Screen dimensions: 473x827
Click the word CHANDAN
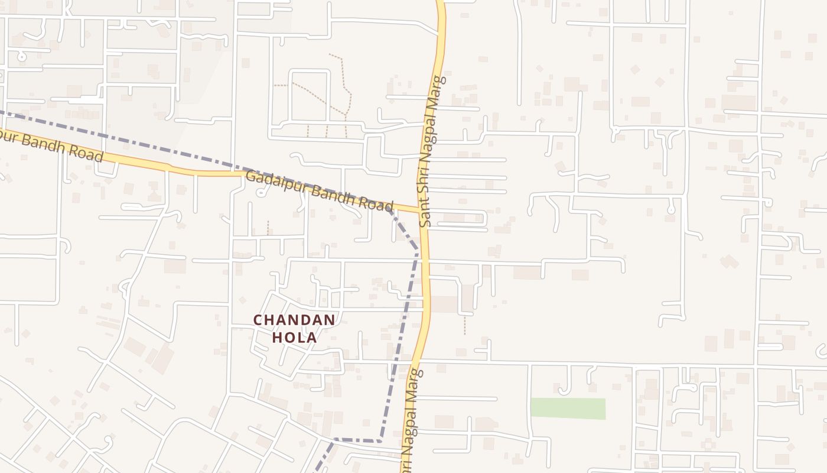tap(294, 320)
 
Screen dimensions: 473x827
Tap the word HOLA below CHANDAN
tap(294, 338)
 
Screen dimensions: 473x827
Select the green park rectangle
tap(568, 409)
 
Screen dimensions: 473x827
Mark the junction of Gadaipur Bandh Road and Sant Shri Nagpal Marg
tap(422, 210)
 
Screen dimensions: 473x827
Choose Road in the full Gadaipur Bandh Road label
tap(374, 204)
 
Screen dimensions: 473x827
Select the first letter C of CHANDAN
tap(258, 320)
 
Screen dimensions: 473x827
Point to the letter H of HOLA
tap(276, 338)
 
